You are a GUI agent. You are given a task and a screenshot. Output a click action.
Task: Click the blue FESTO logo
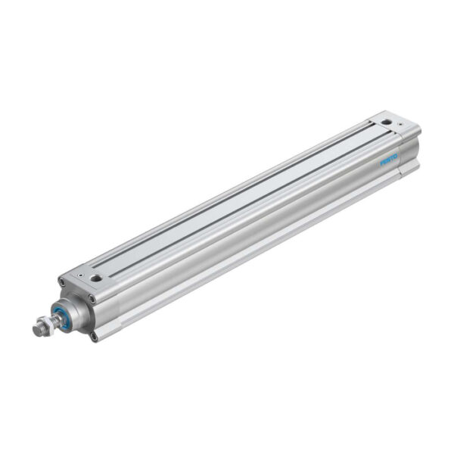387,161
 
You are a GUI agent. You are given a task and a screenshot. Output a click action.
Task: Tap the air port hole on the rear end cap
387,121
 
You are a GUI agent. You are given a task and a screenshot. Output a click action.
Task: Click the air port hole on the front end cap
96,278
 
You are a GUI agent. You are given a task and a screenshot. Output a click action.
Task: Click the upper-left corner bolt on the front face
64,284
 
